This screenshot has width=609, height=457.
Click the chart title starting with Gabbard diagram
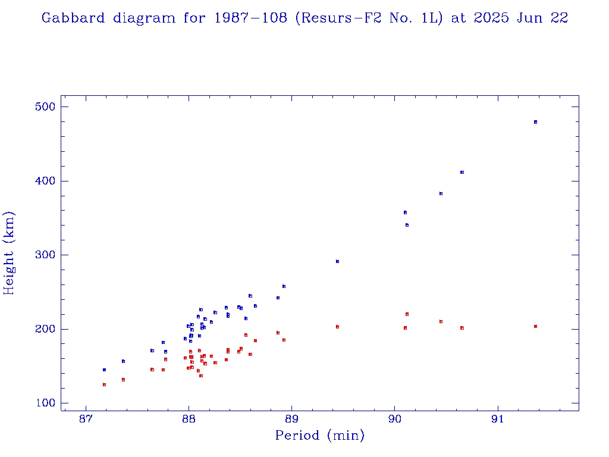304,18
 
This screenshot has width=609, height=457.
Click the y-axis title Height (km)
9,253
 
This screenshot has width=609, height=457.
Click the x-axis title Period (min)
319,436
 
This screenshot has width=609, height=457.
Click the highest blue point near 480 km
535,122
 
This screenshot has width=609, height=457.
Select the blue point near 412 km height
462,172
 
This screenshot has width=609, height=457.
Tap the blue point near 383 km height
441,193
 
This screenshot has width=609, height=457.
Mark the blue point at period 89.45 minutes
337,261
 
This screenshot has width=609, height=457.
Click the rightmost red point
535,326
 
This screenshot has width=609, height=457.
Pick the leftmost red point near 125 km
104,384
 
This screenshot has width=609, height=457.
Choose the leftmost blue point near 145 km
104,370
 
